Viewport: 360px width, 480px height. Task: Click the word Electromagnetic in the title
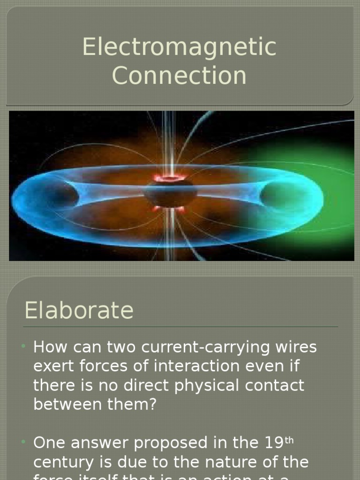180,47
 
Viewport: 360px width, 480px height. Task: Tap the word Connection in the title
180,75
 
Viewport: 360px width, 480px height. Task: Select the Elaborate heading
79,310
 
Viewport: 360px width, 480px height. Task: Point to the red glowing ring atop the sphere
170,178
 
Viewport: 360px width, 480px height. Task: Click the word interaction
186,367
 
